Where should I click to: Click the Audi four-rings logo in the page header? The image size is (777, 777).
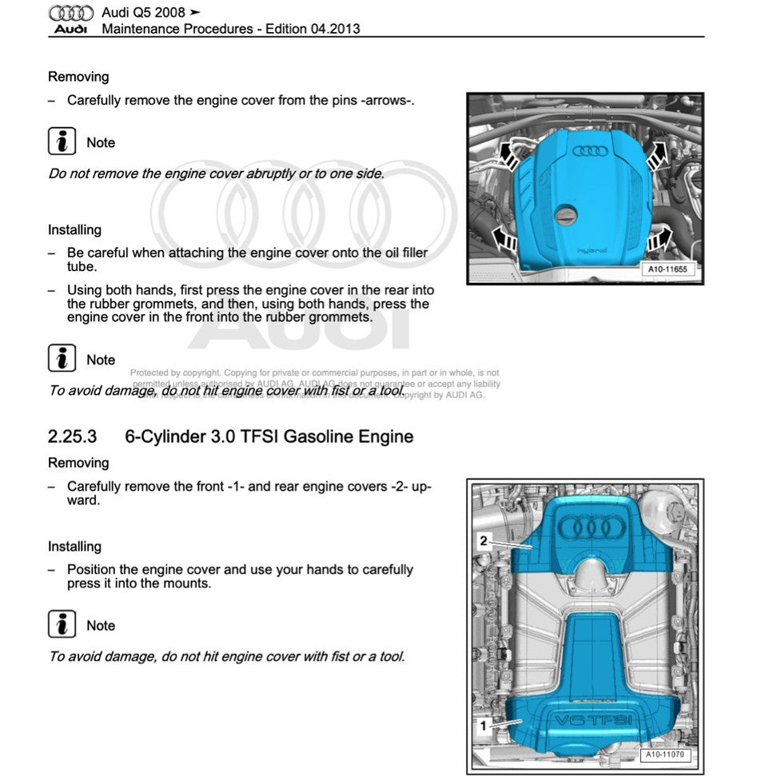71,13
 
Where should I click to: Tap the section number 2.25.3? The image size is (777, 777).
72,437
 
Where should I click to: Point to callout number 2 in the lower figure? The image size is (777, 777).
483,540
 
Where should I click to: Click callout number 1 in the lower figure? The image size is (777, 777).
483,726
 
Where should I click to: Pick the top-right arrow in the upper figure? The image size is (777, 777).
656,154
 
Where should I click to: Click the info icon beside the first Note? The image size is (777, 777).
62,142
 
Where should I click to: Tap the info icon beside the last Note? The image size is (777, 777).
62,624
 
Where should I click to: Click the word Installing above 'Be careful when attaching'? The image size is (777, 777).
74,229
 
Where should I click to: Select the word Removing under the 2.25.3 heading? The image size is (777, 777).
78,463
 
